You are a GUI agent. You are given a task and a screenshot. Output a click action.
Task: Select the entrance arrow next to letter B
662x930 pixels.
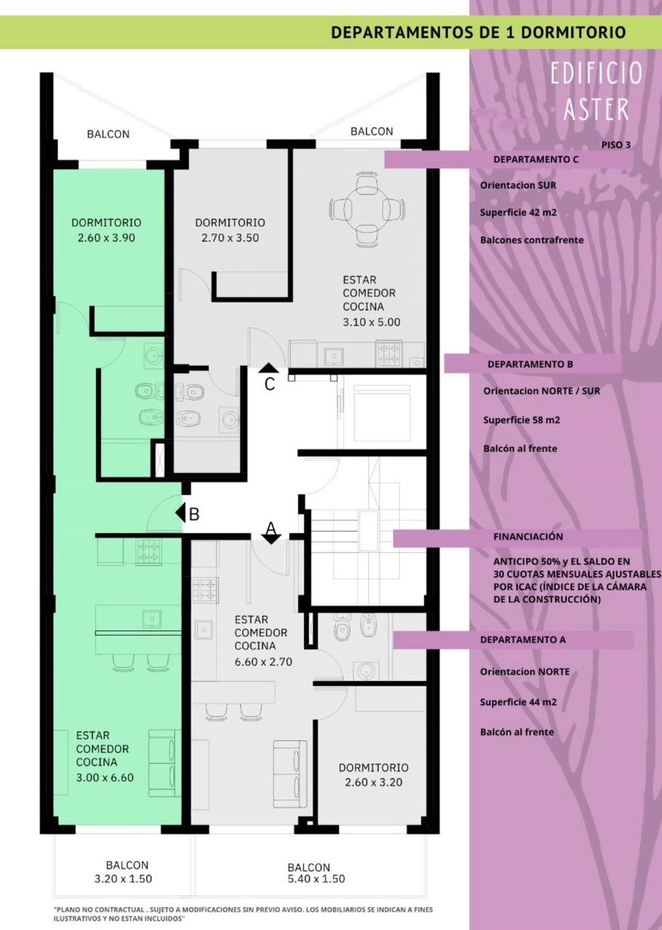pos(180,513)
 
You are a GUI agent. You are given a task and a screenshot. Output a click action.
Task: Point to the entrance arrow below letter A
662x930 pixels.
pos(271,539)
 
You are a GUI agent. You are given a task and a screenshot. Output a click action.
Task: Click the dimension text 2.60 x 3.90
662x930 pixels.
pos(106,238)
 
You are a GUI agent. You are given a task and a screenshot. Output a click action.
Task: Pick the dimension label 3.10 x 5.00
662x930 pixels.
pos(371,322)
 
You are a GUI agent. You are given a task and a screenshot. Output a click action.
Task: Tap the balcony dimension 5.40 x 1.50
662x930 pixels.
pos(316,878)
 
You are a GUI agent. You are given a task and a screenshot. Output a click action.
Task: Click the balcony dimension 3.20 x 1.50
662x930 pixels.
pos(124,878)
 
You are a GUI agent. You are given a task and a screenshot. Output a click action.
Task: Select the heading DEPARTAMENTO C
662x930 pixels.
pos(536,159)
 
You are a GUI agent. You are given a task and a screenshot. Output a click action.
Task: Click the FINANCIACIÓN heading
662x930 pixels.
pos(528,536)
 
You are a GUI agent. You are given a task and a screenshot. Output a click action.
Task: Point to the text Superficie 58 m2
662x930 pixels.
pos(522,420)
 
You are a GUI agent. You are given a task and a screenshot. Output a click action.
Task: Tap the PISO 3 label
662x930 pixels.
pos(616,145)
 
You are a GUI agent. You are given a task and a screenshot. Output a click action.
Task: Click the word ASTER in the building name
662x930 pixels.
pos(597,109)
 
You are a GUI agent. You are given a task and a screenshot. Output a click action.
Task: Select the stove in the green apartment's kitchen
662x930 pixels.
pos(148,551)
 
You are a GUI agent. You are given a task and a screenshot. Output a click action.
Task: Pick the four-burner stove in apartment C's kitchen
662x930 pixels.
pos(389,353)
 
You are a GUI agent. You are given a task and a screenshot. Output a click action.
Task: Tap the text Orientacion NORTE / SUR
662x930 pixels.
pos(541,391)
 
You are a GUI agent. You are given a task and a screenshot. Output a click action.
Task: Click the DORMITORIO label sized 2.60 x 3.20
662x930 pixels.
pos(374,768)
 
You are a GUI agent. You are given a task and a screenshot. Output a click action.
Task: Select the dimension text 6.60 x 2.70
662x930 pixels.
pos(263,662)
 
